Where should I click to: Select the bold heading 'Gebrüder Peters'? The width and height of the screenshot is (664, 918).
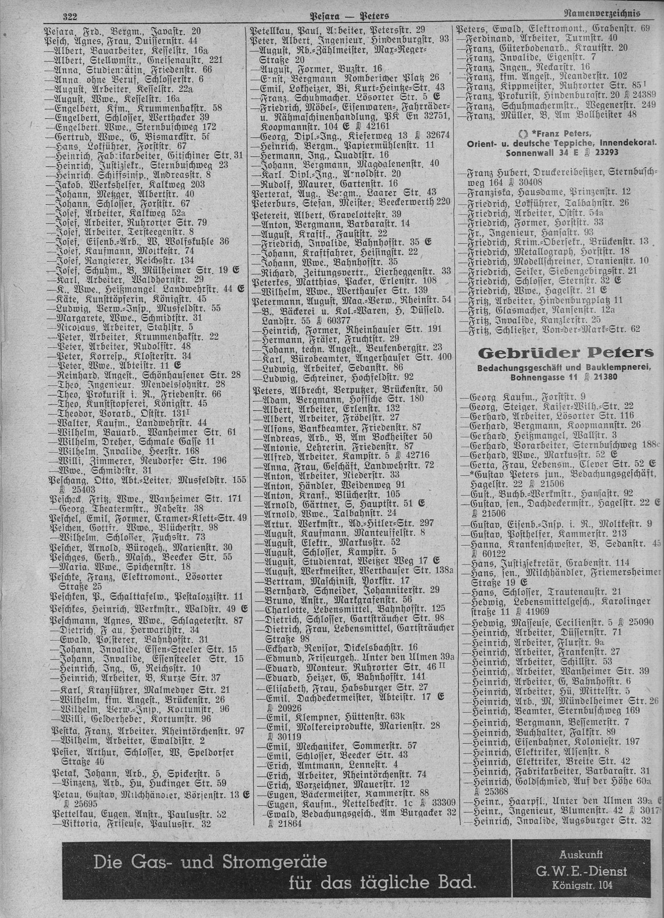[566, 353]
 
